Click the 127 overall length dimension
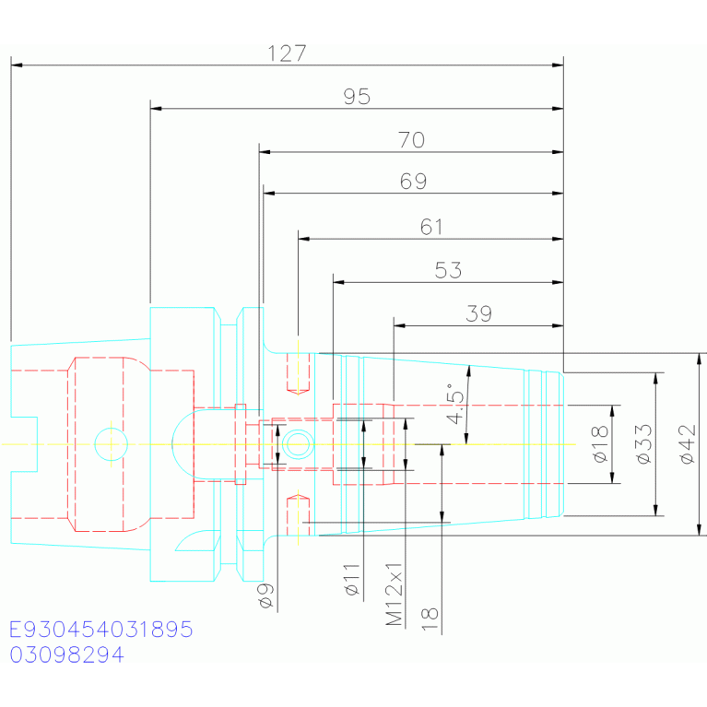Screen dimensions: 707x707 (287, 53)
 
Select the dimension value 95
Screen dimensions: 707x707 (357, 97)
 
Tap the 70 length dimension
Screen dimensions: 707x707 (411, 140)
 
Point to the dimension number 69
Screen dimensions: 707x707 (413, 182)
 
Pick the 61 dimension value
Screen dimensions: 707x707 (431, 227)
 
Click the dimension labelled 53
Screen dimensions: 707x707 (448, 270)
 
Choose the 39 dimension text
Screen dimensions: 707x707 (478, 313)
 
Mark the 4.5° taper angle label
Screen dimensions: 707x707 (455, 404)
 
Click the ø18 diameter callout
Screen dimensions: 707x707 (600, 444)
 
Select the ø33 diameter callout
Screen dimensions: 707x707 (643, 444)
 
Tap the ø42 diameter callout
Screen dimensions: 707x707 (687, 444)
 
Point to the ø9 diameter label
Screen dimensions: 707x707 (266, 595)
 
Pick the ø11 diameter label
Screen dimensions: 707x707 (352, 580)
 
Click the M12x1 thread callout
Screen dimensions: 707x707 (395, 595)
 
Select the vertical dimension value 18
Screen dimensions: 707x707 (430, 619)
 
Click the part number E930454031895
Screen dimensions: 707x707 (101, 630)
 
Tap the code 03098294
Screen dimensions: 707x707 (66, 654)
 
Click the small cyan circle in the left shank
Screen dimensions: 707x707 (111, 444)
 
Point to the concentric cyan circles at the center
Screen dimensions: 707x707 (298, 444)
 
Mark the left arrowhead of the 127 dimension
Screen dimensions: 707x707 (17, 65)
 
